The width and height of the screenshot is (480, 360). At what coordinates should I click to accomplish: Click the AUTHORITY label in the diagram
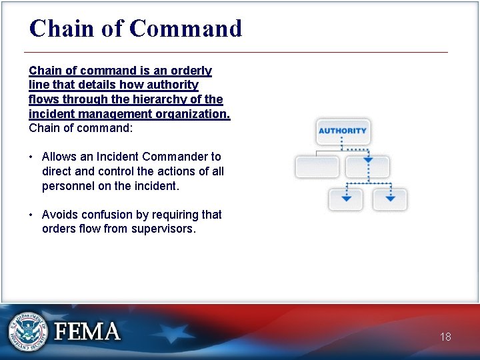click(342, 131)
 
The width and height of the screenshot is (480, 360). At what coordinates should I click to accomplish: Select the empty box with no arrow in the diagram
click(317, 166)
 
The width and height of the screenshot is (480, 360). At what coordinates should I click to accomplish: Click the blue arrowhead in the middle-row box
click(367, 160)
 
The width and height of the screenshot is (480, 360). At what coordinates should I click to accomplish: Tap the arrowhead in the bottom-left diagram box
click(346, 199)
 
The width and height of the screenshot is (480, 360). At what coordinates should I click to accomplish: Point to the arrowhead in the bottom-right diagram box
click(390, 199)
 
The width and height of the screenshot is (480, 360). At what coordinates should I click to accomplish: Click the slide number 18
click(445, 337)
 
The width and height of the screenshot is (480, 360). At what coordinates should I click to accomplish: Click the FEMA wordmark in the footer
click(87, 331)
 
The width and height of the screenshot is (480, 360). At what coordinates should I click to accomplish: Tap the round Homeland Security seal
click(28, 331)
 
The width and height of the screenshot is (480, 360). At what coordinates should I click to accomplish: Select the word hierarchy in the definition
click(164, 99)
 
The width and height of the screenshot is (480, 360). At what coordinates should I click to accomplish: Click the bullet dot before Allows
click(31, 157)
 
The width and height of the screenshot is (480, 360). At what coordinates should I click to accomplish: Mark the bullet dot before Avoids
click(31, 215)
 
